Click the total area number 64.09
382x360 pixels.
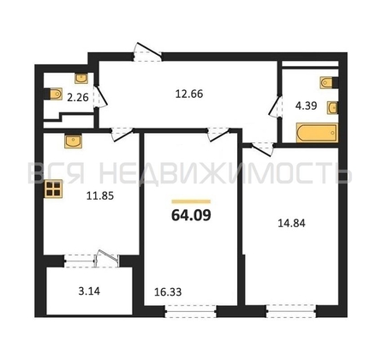point(191,215)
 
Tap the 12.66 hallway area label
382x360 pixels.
point(189,93)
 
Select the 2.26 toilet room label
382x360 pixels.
point(78,98)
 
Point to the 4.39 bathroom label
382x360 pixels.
point(306,105)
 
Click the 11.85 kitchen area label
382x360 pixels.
point(100,195)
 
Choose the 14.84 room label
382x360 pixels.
point(291,223)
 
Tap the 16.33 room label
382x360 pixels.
point(168,291)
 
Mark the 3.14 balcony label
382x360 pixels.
point(89,291)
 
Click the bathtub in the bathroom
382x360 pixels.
point(317,133)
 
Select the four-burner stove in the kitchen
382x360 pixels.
point(54,189)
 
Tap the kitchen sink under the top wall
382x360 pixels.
point(74,141)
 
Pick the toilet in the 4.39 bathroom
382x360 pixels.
point(328,82)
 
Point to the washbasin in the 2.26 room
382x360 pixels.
point(81,78)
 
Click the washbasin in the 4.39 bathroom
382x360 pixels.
point(333,108)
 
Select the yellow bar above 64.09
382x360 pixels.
point(191,201)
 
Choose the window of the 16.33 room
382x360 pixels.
point(190,311)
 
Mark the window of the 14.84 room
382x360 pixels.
point(291,311)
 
